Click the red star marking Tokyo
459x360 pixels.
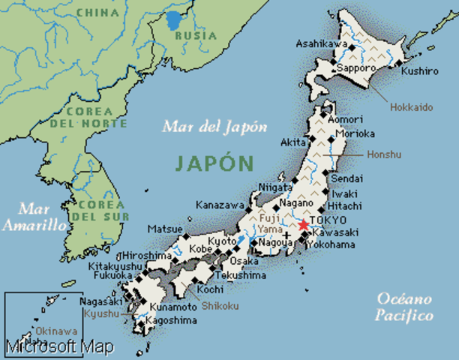point(303,225)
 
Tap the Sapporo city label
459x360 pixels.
point(355,67)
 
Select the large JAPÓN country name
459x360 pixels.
point(214,162)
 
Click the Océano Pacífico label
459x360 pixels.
point(404,305)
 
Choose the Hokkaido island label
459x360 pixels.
point(411,107)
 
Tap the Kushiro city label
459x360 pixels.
point(419,71)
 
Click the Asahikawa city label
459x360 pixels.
point(322,44)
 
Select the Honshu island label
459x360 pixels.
point(385,154)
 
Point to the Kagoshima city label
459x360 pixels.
point(173,320)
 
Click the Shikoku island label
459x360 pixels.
point(219,306)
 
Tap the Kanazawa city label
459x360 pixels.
point(219,205)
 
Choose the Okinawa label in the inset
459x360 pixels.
point(56,331)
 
